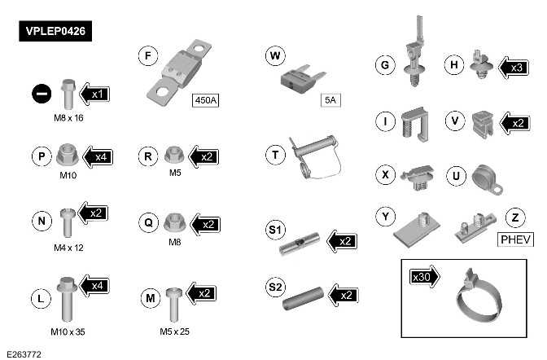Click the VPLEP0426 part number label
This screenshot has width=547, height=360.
55,33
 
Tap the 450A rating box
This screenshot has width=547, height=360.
207,101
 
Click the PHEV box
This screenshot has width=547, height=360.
514,239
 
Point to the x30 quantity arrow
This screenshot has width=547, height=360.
424,277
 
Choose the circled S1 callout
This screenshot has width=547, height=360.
276,231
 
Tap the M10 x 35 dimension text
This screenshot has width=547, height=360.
67,332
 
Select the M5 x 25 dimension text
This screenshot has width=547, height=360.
176,332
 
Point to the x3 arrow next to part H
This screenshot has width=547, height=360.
511,67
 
